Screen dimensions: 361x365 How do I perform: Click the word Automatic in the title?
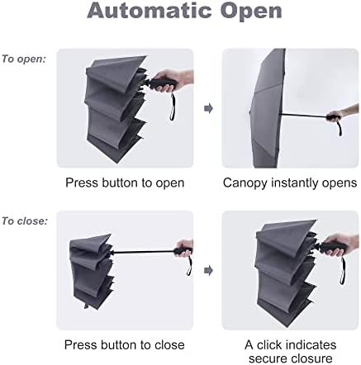[149, 11]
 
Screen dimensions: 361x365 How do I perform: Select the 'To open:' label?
[24, 59]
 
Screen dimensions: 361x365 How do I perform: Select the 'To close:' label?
[25, 221]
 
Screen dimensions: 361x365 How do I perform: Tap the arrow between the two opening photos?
[208, 108]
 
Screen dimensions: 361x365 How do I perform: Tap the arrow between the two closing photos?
[208, 270]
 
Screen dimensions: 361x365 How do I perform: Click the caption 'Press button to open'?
[125, 183]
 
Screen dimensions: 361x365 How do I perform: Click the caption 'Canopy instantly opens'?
[290, 183]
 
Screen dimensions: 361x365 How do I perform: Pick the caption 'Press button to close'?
[125, 345]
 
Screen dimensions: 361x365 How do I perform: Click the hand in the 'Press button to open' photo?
[173, 80]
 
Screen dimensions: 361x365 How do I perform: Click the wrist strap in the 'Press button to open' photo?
[173, 107]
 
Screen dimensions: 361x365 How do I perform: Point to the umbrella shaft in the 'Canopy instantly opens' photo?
[303, 116]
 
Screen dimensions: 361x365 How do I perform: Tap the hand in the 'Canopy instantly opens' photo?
[342, 114]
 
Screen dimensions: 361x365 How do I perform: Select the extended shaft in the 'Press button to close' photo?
[143, 251]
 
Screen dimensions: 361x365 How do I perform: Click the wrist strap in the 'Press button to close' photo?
[189, 266]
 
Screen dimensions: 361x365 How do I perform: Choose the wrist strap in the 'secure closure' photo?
[343, 270]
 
